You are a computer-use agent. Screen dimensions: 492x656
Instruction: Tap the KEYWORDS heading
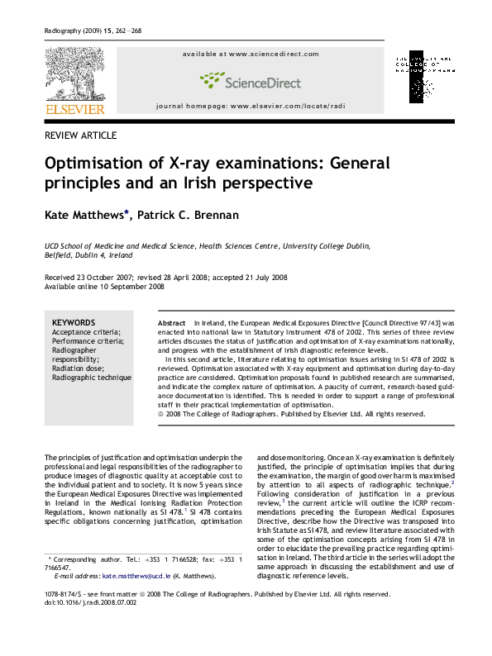pyautogui.click(x=74, y=322)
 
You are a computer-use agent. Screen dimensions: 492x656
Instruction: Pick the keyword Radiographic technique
pyautogui.click(x=91, y=378)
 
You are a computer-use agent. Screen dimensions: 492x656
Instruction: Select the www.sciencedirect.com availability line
pyautogui.click(x=250, y=55)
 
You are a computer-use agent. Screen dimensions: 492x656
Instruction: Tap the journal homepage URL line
pyautogui.click(x=249, y=107)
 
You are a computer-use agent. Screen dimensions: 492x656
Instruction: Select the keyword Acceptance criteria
pyautogui.click(x=86, y=332)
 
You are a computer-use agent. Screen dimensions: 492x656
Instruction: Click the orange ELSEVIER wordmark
pyautogui.click(x=74, y=109)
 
